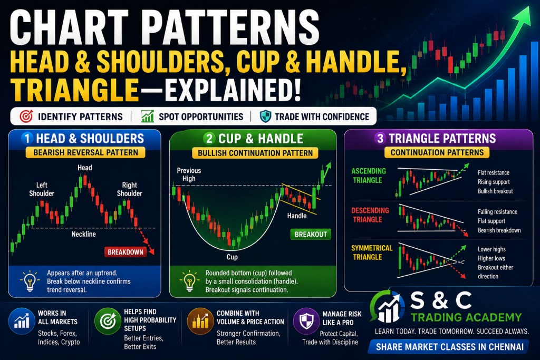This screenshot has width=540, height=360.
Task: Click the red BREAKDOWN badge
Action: tap(126, 252)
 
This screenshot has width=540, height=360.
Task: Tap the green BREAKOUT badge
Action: tap(311, 235)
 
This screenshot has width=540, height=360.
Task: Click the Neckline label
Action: tap(84, 234)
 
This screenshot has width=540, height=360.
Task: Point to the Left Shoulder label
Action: tap(42, 189)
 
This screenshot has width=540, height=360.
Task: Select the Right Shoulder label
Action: tap(130, 189)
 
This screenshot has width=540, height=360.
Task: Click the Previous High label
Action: tap(189, 174)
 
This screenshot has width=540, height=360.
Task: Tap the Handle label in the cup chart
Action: tap(297, 216)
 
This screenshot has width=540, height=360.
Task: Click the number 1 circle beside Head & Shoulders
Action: tap(27, 138)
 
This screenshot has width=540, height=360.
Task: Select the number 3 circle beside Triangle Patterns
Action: tap(380, 138)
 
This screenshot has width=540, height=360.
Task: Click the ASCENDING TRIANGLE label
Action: tap(369, 176)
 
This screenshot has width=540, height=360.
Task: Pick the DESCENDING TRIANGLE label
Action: tap(370, 215)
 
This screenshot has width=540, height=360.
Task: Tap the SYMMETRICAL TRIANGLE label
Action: tap(372, 252)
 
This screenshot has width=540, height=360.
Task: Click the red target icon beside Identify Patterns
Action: tap(26, 116)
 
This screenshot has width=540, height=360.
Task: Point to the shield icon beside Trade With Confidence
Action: tap(266, 116)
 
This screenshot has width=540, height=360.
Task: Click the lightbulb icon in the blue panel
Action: tap(30, 281)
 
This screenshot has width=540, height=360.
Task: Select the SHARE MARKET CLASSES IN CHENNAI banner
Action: tap(449, 347)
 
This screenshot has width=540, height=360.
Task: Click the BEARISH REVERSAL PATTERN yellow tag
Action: tap(85, 152)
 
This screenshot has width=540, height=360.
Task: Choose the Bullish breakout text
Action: tap(495, 191)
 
